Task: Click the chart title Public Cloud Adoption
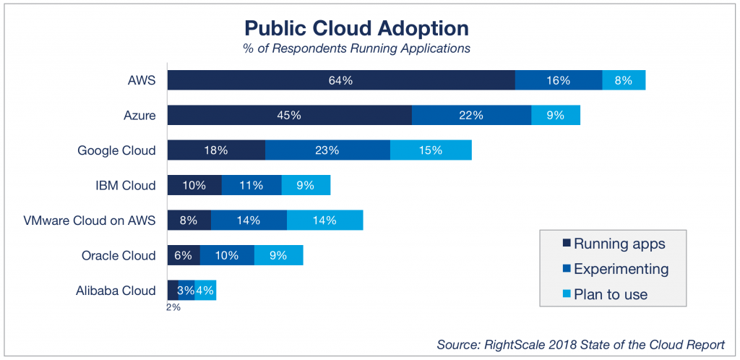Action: [x=356, y=28]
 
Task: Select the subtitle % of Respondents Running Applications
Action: [x=356, y=48]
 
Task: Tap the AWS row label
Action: [x=141, y=80]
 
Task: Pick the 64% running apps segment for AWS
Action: [x=340, y=80]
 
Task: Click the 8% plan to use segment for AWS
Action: [x=623, y=80]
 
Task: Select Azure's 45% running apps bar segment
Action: [x=289, y=115]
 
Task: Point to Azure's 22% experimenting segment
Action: [x=471, y=115]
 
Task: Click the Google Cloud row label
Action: [x=116, y=150]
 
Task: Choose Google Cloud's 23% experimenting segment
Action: [x=327, y=150]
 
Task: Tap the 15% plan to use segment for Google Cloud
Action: [x=431, y=150]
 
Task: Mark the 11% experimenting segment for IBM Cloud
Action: [x=251, y=185]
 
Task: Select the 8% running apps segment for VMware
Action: [x=189, y=220]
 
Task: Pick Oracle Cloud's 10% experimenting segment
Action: [x=227, y=255]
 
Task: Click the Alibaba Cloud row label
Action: [x=116, y=291]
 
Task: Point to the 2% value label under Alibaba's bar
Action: [x=173, y=307]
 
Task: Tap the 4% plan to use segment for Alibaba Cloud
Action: [x=205, y=291]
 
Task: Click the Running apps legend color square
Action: [x=566, y=244]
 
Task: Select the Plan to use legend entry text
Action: [x=611, y=294]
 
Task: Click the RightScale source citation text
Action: [x=580, y=344]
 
